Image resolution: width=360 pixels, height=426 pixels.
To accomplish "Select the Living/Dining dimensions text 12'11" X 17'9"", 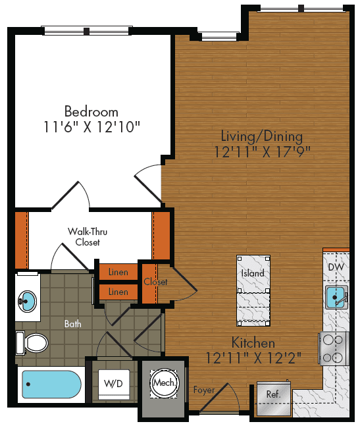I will pyautogui.click(x=262, y=151).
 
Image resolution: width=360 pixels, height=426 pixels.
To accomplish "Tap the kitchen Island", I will pyautogui.click(x=253, y=273).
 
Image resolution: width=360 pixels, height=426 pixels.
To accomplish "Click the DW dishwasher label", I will pyautogui.click(x=335, y=267).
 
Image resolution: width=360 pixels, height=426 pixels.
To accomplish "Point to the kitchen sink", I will pyautogui.click(x=337, y=297).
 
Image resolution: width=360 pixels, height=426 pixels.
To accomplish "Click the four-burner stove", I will pyautogui.click(x=334, y=348).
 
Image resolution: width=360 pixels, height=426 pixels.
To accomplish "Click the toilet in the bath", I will pyautogui.click(x=34, y=342).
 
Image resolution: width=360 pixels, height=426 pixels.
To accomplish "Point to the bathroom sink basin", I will pyautogui.click(x=27, y=301).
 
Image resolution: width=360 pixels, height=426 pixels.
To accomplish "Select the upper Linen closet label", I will pyautogui.click(x=118, y=271).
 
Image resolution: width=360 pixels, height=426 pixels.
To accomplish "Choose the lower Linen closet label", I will pyautogui.click(x=118, y=291).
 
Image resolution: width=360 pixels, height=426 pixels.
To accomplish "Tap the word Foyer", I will pyautogui.click(x=204, y=390).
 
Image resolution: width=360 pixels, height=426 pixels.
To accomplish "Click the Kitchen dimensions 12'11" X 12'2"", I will pyautogui.click(x=253, y=359).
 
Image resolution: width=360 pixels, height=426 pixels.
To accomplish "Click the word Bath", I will pyautogui.click(x=72, y=324).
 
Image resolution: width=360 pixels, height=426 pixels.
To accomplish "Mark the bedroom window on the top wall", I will pyautogui.click(x=88, y=30).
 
